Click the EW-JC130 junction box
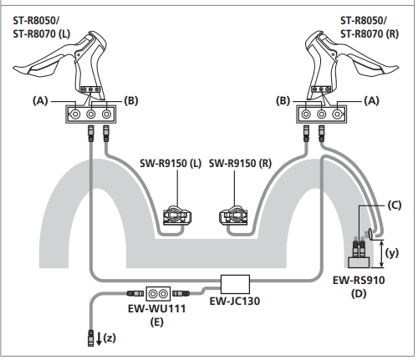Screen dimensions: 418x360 point(235,284)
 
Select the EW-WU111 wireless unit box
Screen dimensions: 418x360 point(158,294)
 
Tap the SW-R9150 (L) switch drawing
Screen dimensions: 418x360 point(177,215)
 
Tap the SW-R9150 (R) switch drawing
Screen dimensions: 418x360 point(233,215)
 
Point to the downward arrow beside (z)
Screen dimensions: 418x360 point(99,339)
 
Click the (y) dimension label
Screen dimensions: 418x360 point(392,253)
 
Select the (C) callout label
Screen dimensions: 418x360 point(395,205)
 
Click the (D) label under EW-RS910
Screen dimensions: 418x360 point(359,293)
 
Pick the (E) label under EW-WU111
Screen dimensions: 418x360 point(156,322)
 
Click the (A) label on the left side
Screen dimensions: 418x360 point(40,100)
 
